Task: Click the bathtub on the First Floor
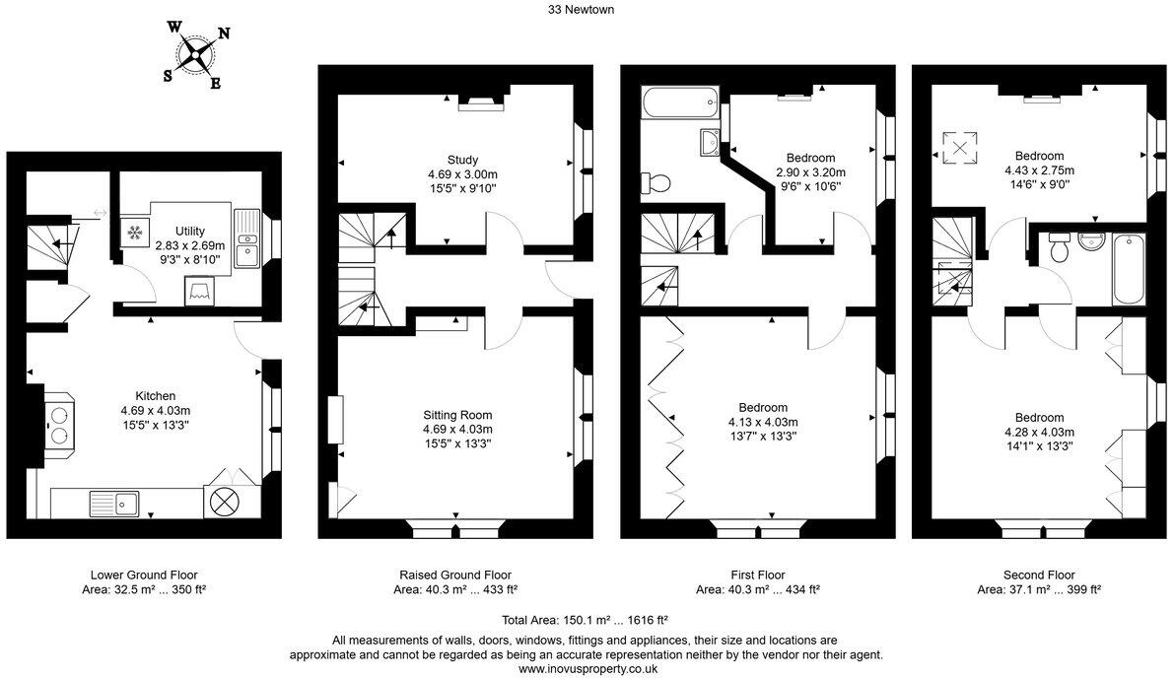pos(679,102)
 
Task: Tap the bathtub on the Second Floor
pos(1127,269)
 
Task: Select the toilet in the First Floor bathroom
pos(656,183)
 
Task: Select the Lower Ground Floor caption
pos(150,575)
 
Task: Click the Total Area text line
pos(586,620)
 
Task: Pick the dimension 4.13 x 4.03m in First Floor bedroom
pos(763,422)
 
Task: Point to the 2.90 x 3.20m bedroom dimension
pos(810,171)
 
